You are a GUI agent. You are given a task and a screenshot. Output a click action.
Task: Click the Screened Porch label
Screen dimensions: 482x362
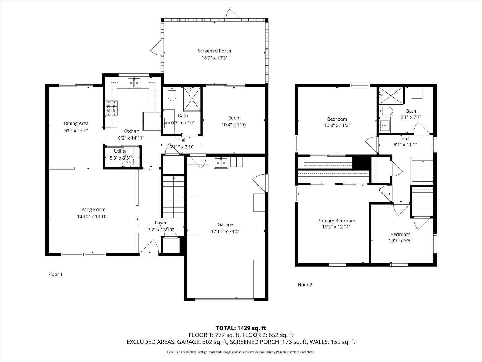[214, 51]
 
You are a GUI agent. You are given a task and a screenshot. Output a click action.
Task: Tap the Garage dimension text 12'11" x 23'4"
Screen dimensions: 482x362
[225, 231]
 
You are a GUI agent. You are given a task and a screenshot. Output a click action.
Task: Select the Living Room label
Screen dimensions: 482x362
[92, 210]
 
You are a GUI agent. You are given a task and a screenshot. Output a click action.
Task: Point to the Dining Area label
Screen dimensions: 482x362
[76, 123]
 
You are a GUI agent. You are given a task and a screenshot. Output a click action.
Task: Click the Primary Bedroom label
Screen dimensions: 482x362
[336, 221]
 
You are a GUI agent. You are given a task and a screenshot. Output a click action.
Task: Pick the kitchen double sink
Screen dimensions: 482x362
[134, 83]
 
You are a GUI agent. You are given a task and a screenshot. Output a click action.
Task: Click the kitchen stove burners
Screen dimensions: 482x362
[111, 108]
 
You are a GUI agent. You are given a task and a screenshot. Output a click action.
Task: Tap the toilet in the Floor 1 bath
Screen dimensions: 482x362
[172, 94]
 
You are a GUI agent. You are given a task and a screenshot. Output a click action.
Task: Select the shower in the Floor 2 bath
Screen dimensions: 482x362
[391, 96]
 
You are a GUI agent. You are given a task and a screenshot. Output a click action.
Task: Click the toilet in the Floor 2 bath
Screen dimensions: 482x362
[386, 111]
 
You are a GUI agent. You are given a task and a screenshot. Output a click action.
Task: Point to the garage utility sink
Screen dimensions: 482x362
[221, 163]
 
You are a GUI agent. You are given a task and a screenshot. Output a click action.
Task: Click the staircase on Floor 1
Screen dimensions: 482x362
[173, 197]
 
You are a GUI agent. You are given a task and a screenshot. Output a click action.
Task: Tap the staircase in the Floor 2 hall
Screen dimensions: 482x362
[423, 173]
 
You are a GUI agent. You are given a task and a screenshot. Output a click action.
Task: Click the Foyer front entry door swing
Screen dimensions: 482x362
[149, 246]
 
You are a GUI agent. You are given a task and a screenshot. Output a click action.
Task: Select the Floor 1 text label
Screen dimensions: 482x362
[55, 274]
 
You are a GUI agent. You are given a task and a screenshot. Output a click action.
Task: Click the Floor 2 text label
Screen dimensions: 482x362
[305, 285]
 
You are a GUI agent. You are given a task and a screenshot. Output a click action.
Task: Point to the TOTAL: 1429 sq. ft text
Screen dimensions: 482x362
[241, 328]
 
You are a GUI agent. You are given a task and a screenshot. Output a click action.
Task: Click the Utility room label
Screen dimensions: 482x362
[120, 151]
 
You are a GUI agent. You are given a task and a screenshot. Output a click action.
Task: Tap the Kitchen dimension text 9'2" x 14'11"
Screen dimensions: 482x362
[131, 138]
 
